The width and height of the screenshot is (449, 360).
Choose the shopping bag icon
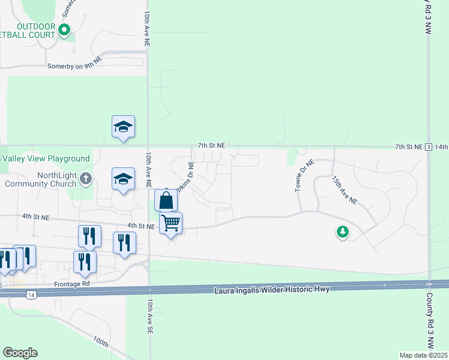(x=166, y=200)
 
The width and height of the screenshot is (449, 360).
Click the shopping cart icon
(x=171, y=223)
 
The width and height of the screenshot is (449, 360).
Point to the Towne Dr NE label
(x=304, y=175)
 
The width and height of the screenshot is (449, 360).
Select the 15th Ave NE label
(x=345, y=190)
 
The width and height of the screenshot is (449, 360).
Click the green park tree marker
(x=342, y=231)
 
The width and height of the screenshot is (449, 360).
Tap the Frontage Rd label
(x=71, y=283)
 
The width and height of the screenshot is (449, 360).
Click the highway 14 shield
(x=31, y=294)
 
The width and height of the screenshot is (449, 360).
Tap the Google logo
(x=20, y=353)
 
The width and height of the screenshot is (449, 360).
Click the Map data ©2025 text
(x=423, y=355)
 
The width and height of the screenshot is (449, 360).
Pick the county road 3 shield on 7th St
(x=428, y=147)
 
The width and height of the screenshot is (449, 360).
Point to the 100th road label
(x=101, y=342)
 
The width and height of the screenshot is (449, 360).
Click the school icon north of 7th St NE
(x=123, y=127)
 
